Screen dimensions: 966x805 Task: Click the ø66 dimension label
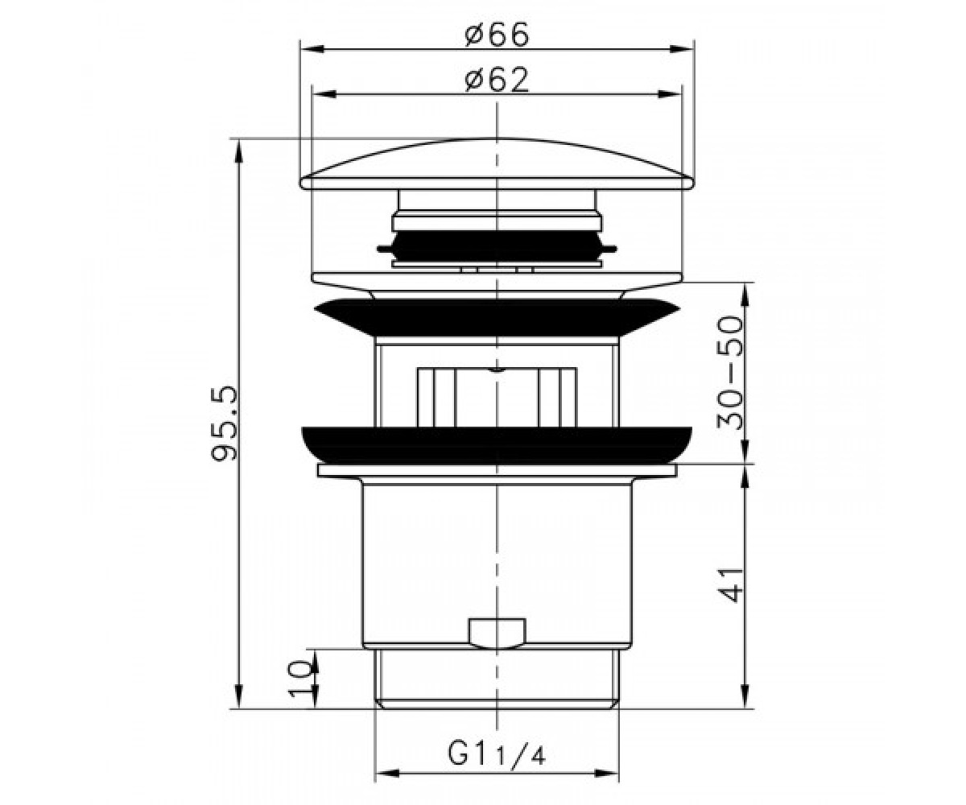497,35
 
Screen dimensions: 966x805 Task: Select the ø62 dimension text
497,80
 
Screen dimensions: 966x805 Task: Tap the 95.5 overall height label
224,425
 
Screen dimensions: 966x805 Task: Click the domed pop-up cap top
497,163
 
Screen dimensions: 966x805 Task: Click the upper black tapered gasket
497,317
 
